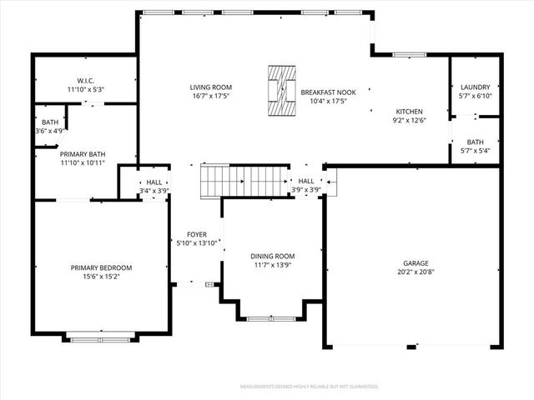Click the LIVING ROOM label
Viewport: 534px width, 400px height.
(x=210, y=87)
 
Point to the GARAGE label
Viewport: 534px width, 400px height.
(x=411, y=262)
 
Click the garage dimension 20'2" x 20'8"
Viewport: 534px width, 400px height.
(x=411, y=272)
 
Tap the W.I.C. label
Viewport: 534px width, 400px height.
(x=85, y=81)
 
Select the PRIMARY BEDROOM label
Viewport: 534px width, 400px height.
(x=101, y=267)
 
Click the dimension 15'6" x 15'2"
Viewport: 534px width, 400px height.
(x=101, y=277)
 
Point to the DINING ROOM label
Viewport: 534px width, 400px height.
(x=273, y=256)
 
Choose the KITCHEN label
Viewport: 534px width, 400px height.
(x=409, y=111)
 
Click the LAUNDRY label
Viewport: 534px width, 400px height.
(x=475, y=87)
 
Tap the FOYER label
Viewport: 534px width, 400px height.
(x=197, y=234)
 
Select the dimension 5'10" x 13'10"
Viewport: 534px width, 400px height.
(x=197, y=242)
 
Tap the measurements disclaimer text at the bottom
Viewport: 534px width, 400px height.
(x=309, y=387)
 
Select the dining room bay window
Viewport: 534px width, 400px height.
(x=271, y=317)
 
